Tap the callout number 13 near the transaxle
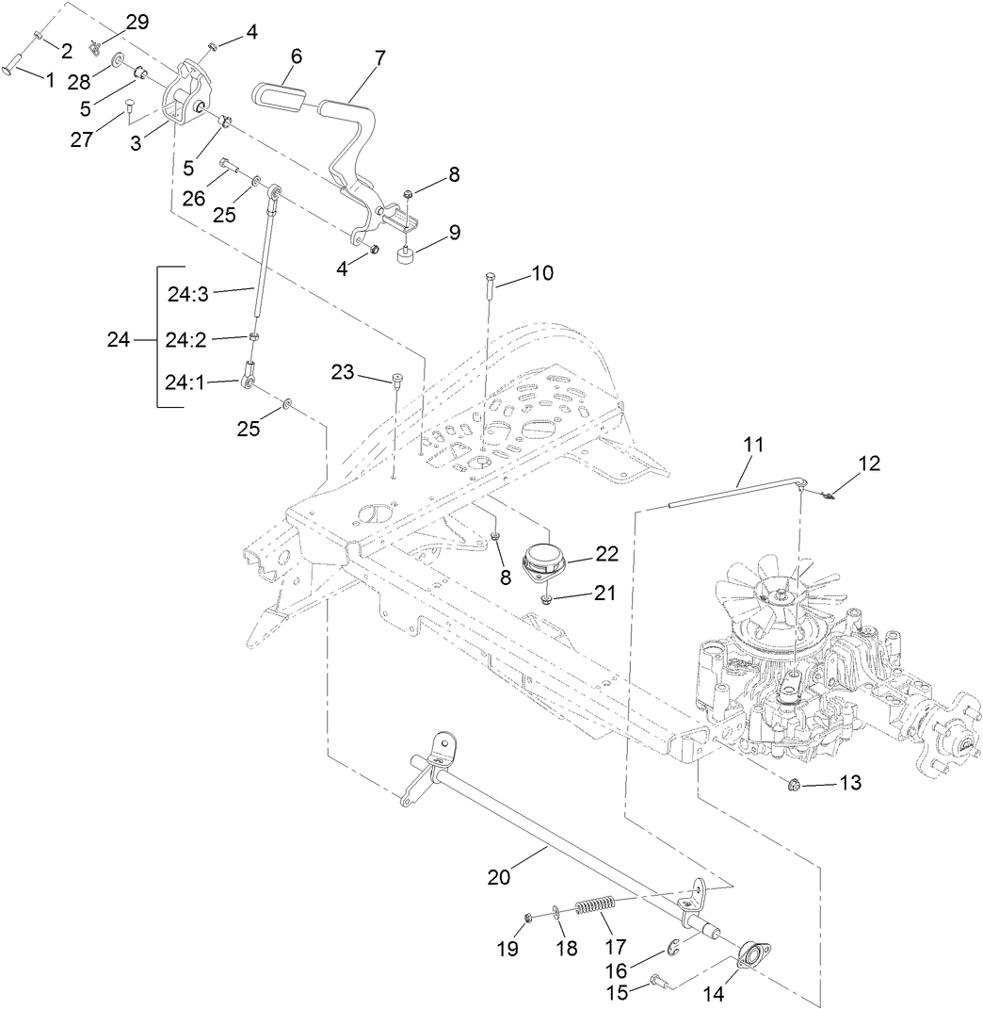pos(848,782)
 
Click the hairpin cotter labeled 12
pos(825,492)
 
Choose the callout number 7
pos(379,57)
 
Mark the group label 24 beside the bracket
pos(118,340)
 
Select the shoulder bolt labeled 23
pos(397,382)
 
